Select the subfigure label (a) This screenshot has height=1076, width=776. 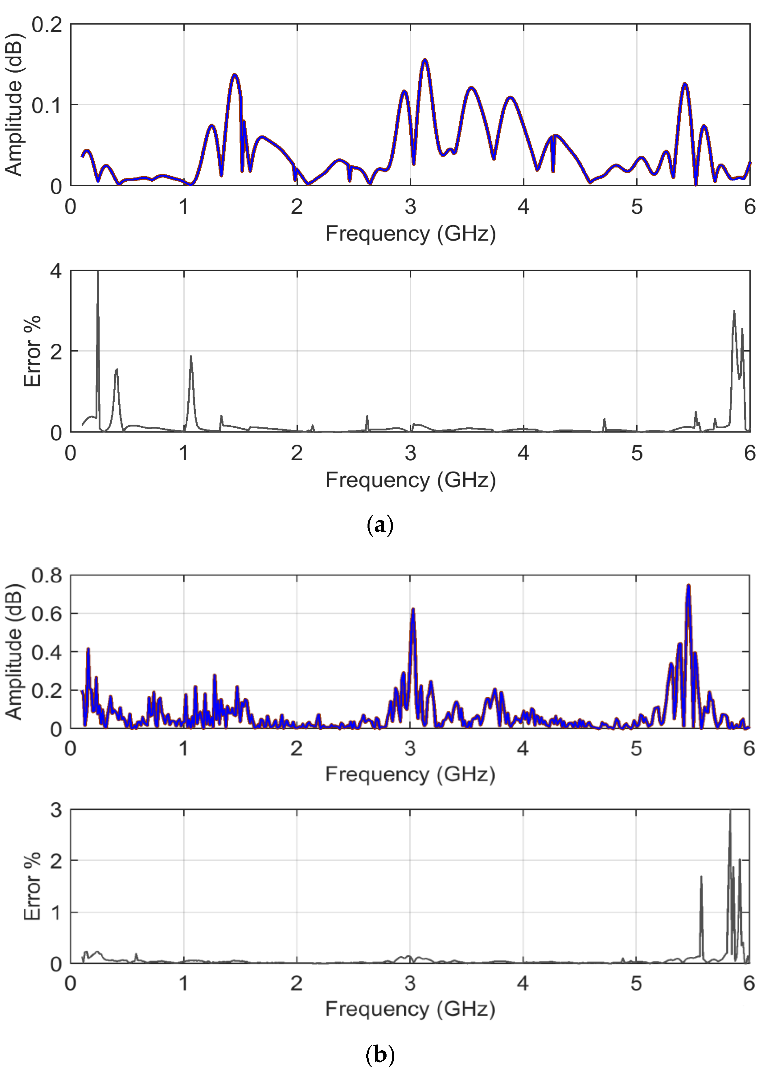click(380, 526)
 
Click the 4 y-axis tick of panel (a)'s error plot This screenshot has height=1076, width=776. click(56, 271)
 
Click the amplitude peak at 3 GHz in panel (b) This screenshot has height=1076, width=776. click(413, 609)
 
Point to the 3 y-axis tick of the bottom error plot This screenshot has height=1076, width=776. click(56, 810)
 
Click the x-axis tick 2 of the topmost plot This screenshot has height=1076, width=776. click(297, 207)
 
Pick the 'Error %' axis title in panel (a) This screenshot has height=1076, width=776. click(32, 351)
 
